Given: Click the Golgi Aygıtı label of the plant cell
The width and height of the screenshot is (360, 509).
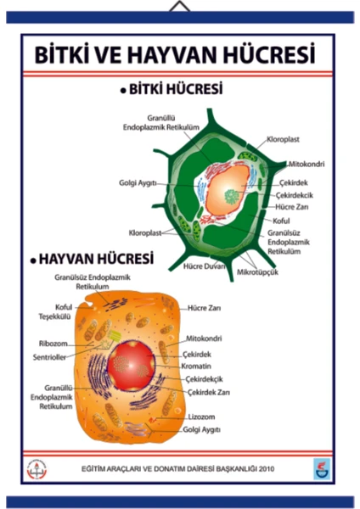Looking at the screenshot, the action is (x=138, y=183).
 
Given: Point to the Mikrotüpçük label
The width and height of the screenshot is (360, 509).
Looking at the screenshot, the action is (x=257, y=272).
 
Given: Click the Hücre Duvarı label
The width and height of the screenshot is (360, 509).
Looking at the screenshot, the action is (x=204, y=266).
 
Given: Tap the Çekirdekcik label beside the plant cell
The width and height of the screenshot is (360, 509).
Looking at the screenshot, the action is (x=295, y=195).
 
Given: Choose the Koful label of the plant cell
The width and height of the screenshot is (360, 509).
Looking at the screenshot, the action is (x=281, y=221).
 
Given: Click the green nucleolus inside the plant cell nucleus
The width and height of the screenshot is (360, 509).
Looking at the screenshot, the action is (x=232, y=197).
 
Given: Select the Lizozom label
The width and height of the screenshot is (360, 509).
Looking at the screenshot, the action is (x=201, y=417).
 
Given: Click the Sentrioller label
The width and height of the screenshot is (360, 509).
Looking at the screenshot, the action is (x=49, y=357).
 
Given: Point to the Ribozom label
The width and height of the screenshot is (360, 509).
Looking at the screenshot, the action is (x=53, y=344).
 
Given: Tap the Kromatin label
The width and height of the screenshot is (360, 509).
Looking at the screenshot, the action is (x=196, y=366).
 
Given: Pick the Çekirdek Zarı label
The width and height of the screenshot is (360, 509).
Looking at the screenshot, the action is (x=209, y=393).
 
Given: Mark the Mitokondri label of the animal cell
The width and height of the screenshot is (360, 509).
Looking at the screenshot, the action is (x=204, y=338).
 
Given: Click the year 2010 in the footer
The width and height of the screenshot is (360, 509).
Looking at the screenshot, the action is (x=267, y=469).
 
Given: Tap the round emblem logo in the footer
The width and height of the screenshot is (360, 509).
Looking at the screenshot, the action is (x=37, y=469).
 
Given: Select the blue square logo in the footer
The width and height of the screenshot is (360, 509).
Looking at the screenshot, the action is (x=322, y=469).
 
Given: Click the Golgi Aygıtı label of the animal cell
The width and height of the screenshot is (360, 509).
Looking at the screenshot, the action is (x=201, y=430).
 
